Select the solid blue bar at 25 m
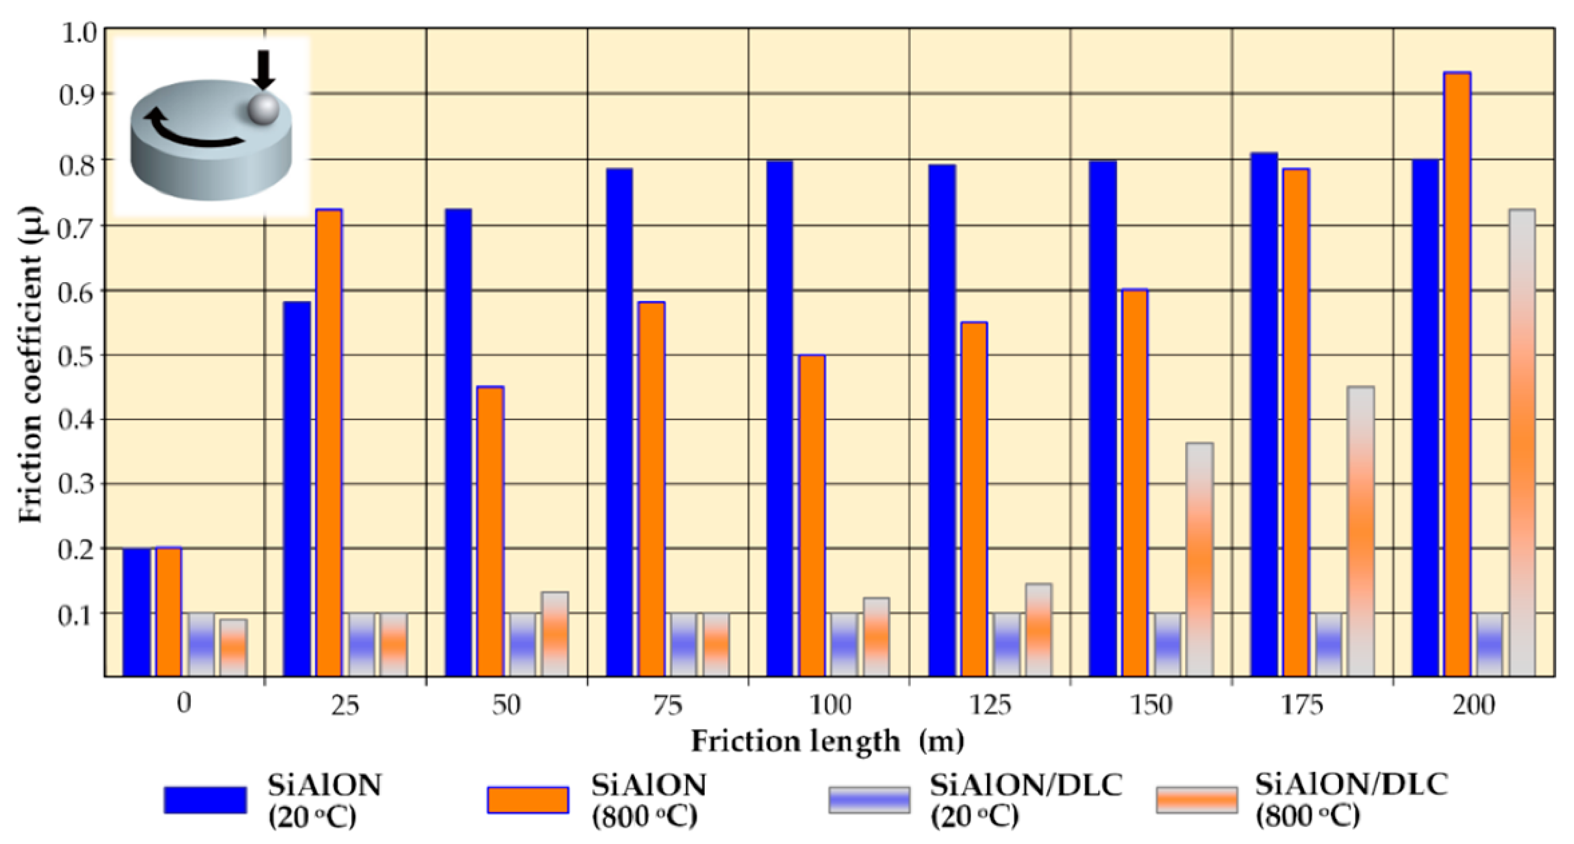point(297,489)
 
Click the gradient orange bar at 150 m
point(1200,559)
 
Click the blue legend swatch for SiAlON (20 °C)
point(205,800)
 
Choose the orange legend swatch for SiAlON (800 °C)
point(528,800)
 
